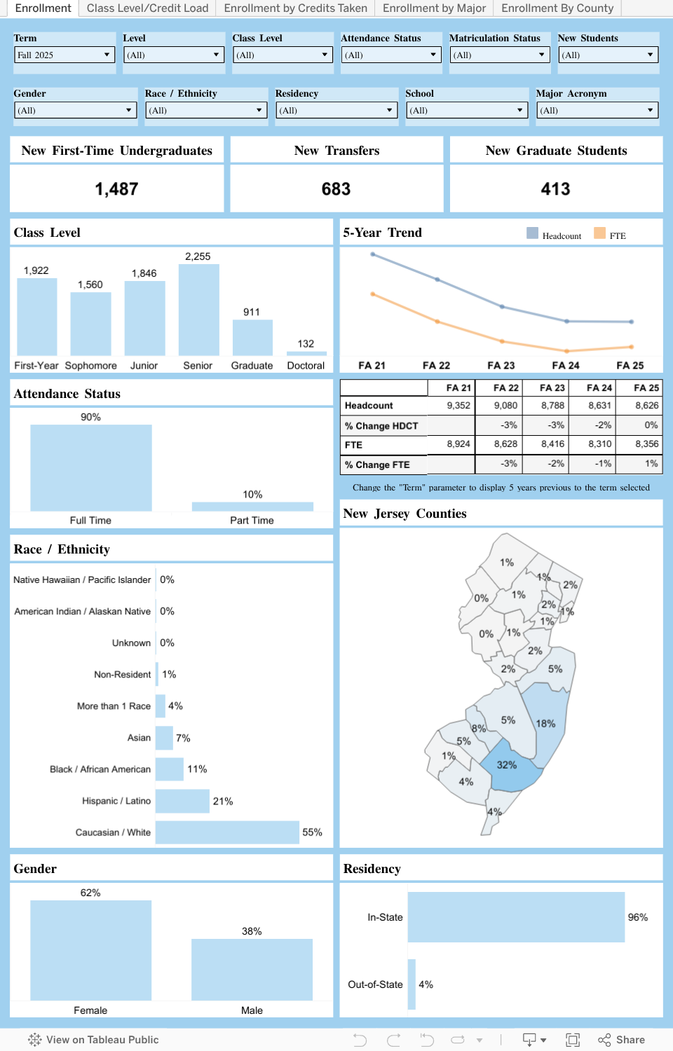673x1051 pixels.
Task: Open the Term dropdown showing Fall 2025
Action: [x=64, y=55]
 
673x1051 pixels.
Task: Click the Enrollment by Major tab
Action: [x=434, y=8]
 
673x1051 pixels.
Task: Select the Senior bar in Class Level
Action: [x=198, y=310]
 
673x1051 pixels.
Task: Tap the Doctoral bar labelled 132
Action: [x=306, y=353]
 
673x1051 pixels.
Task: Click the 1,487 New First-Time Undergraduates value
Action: [x=116, y=189]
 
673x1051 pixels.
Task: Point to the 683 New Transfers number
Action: [x=336, y=189]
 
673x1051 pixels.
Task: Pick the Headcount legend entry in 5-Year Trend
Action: [x=554, y=235]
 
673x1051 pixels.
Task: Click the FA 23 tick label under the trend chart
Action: [x=501, y=366]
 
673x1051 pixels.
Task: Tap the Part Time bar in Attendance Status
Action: [x=252, y=507]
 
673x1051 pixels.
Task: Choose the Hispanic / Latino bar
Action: [x=182, y=801]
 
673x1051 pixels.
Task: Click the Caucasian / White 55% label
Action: [x=312, y=832]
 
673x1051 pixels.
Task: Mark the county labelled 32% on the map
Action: [x=507, y=765]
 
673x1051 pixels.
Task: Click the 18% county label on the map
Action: [x=545, y=724]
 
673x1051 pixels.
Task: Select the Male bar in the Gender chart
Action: [x=252, y=970]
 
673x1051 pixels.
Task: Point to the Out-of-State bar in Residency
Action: [x=412, y=984]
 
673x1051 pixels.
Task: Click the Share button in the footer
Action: [x=622, y=1040]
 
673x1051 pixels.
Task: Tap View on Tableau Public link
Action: [x=94, y=1040]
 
